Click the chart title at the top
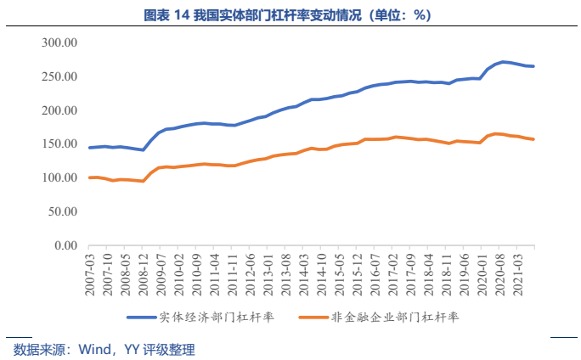[x=290, y=15]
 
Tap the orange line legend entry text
[x=393, y=318]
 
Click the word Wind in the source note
[x=93, y=349]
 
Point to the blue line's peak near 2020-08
[x=503, y=62]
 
